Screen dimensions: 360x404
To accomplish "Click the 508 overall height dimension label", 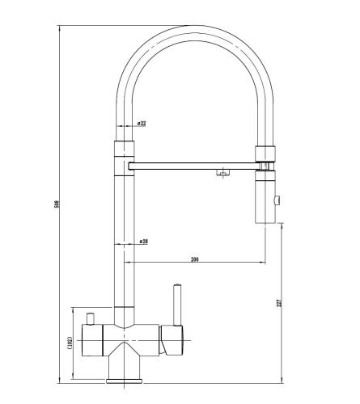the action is click(57, 204).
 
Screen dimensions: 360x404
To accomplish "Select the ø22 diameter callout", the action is click(142, 124).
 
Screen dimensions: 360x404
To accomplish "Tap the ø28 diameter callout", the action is click(144, 242).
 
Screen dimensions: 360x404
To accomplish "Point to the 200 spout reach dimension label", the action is click(194, 259).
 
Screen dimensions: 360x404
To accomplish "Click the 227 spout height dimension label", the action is click(279, 303).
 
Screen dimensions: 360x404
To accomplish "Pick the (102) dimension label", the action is click(70, 343).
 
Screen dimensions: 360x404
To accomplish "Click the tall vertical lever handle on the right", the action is click(177, 305).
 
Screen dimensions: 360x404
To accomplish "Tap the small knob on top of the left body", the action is click(90, 319).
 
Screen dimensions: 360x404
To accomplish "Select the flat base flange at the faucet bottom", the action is click(124, 381).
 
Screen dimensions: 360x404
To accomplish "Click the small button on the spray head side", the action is click(277, 200).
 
